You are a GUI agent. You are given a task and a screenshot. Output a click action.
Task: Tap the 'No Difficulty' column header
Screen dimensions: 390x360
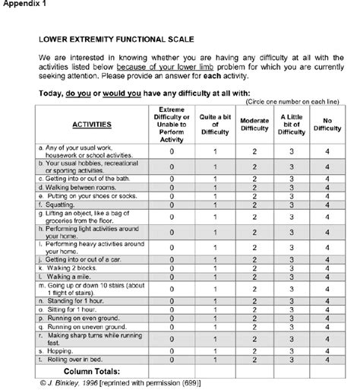(x=327, y=123)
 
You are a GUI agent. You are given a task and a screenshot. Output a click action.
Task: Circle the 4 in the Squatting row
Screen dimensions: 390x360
(x=327, y=204)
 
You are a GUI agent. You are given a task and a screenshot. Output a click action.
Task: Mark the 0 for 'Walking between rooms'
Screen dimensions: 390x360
(x=172, y=186)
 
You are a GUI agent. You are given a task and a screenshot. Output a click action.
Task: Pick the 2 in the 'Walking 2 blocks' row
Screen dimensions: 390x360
(x=254, y=268)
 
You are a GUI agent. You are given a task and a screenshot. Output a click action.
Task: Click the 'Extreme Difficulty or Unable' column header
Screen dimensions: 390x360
(x=172, y=123)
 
